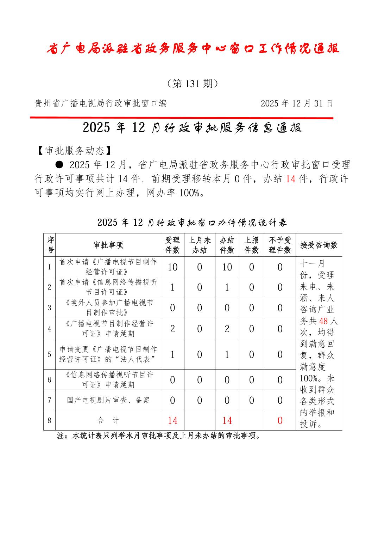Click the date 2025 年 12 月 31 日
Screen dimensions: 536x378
click(297, 103)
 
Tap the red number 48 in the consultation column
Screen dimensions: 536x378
click(323, 321)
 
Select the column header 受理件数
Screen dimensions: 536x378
click(172, 245)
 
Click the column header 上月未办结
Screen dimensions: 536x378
click(199, 245)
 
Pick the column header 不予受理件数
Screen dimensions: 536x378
click(280, 245)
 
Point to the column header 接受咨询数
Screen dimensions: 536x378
click(319, 245)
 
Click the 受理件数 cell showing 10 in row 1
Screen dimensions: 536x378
click(172, 267)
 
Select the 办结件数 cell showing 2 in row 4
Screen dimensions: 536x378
click(227, 329)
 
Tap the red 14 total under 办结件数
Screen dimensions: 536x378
click(227, 420)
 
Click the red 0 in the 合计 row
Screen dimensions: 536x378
click(280, 420)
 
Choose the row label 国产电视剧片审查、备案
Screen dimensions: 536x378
click(108, 400)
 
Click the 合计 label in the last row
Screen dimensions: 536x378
click(108, 420)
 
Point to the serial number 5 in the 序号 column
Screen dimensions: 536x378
click(50, 354)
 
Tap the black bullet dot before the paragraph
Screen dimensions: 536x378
click(59, 164)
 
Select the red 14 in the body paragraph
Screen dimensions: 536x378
click(290, 179)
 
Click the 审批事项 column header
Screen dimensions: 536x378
click(108, 245)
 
